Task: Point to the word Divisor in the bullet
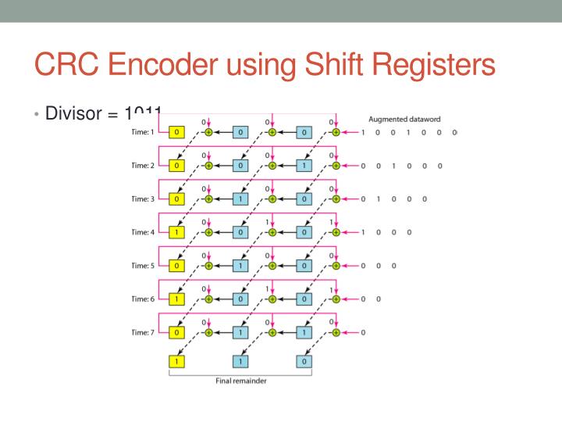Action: (x=74, y=114)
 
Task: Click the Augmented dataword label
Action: (x=404, y=120)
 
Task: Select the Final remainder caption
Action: (x=240, y=381)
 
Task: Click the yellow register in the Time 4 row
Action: (x=176, y=232)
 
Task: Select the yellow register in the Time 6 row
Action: (x=176, y=299)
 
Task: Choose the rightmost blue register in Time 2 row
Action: (x=304, y=166)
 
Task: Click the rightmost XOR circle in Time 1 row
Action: (x=336, y=132)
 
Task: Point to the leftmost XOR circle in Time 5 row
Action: (x=208, y=266)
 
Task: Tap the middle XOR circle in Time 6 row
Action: (x=272, y=299)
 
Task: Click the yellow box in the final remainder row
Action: (x=176, y=361)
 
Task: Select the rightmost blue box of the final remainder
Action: (x=304, y=361)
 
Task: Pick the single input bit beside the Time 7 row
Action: (x=363, y=332)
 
